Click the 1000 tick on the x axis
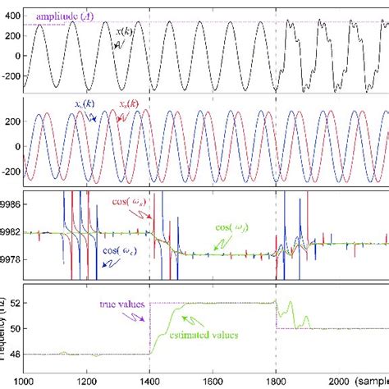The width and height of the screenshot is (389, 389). [25, 381]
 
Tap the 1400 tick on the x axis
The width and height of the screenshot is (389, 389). [150, 381]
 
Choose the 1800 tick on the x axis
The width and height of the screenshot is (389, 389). [276, 381]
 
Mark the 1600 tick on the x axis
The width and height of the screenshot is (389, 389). [213, 381]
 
